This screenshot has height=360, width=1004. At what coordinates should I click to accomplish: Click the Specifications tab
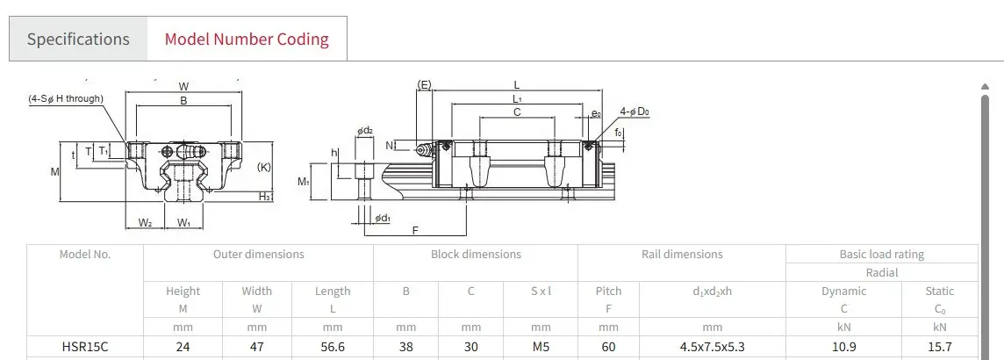(x=78, y=39)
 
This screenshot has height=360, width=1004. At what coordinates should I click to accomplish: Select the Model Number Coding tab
(x=247, y=39)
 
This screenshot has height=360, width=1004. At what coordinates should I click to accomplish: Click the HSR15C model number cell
(x=84, y=347)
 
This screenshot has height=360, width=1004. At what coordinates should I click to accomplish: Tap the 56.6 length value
(x=333, y=347)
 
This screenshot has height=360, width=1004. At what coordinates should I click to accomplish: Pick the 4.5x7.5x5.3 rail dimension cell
(x=712, y=347)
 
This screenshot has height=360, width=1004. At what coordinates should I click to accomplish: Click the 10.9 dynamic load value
(x=843, y=347)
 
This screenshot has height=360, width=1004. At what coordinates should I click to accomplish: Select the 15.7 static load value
(x=939, y=347)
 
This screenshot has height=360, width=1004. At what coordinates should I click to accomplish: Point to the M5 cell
(x=541, y=347)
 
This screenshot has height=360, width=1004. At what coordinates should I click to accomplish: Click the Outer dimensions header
(x=258, y=255)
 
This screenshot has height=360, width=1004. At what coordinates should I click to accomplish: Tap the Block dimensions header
(x=476, y=255)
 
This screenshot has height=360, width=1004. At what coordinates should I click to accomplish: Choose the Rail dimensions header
(x=681, y=255)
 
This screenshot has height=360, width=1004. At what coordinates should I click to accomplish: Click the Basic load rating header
(x=881, y=255)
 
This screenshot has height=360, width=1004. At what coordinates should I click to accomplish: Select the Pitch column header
(x=608, y=291)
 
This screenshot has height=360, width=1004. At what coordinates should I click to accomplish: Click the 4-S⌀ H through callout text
(x=65, y=98)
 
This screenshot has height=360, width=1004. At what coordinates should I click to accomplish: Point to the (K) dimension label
(x=263, y=167)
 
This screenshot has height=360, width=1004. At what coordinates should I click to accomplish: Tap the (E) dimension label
(x=424, y=85)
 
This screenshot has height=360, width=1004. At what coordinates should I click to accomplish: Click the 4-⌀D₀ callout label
(x=634, y=112)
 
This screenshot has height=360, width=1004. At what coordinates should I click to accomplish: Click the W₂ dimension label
(x=146, y=223)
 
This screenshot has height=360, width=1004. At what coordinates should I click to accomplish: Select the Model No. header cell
(x=84, y=255)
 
